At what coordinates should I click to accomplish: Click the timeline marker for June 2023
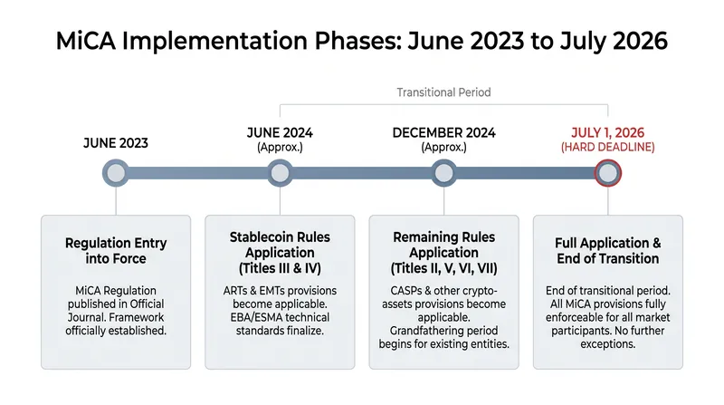tap(116, 173)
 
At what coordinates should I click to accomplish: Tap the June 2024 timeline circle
tap(280, 173)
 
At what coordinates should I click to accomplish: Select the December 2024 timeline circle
tap(443, 173)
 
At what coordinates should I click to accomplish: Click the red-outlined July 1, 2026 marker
tap(607, 173)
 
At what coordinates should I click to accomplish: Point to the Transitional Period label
tap(443, 92)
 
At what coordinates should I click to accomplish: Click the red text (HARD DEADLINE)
tap(607, 148)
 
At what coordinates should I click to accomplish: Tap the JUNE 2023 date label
tap(116, 143)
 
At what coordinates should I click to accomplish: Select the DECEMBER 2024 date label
tap(443, 133)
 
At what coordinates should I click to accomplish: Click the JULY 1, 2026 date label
tap(607, 133)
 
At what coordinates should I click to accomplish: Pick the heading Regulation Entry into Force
tap(116, 251)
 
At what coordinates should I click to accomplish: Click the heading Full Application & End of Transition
tap(607, 251)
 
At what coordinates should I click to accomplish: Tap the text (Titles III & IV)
tap(280, 268)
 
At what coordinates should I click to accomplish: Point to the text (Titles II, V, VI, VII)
tap(443, 268)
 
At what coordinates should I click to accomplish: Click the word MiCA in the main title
tap(86, 41)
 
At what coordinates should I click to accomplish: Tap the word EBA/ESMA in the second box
tap(256, 318)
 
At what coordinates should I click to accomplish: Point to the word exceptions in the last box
tap(607, 345)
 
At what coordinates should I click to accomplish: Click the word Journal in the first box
tap(86, 318)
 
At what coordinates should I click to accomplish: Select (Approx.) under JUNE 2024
tap(280, 148)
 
